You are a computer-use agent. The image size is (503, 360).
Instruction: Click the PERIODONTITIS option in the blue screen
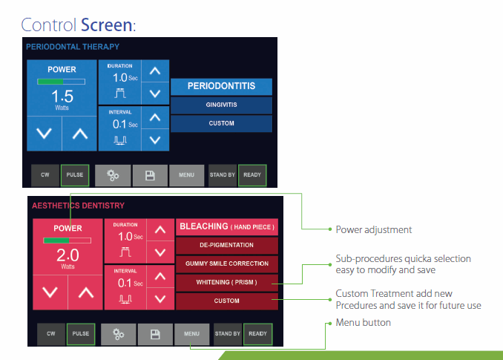[221, 86]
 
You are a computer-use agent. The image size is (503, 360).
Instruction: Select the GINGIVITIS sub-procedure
[221, 105]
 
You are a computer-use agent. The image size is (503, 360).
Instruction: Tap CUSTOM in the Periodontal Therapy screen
[221, 123]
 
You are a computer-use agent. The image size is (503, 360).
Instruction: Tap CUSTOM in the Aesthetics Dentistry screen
[226, 301]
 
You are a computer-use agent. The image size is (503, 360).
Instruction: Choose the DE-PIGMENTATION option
[226, 245]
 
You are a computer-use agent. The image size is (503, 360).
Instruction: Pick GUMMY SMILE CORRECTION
[226, 264]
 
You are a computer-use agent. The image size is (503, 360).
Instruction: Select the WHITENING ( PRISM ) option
[226, 283]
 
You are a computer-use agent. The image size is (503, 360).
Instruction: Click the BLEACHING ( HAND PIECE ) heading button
[226, 226]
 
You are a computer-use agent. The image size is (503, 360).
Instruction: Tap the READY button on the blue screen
[252, 175]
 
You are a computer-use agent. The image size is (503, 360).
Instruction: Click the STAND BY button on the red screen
[227, 334]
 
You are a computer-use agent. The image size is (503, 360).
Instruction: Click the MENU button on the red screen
[191, 334]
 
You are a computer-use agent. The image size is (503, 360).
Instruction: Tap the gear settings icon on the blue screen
[113, 175]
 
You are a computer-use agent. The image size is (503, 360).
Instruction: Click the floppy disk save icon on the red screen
[155, 334]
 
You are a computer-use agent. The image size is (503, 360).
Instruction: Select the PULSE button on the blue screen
[75, 175]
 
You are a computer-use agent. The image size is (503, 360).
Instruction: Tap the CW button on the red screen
[50, 334]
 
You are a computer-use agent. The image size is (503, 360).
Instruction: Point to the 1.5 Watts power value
[62, 97]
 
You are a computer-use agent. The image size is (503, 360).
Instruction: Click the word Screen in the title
[107, 24]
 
